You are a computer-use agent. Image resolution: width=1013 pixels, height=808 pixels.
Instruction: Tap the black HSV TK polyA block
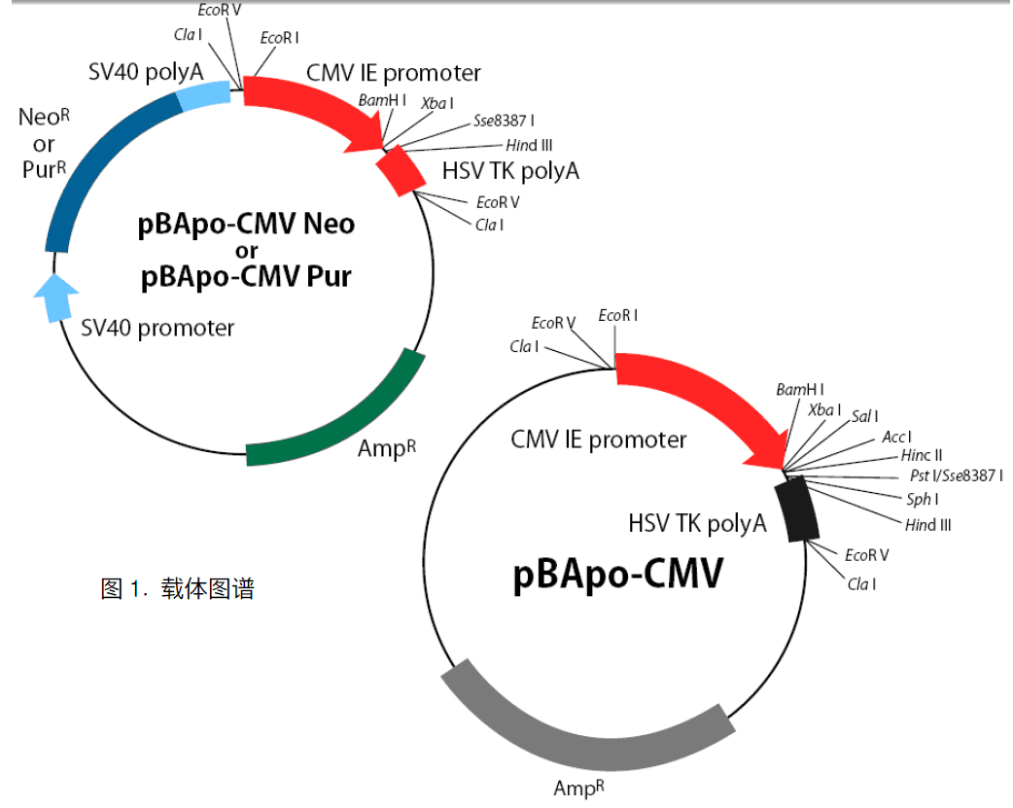[801, 509]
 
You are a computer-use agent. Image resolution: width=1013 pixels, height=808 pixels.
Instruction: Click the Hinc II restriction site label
[921, 455]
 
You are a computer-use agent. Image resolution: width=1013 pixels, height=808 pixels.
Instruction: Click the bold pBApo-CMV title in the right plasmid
[617, 574]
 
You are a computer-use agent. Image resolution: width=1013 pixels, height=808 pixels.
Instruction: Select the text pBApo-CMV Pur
[245, 277]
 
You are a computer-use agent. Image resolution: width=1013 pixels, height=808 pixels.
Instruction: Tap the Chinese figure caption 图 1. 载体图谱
[177, 588]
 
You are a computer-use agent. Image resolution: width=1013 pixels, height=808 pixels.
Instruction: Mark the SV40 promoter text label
[157, 328]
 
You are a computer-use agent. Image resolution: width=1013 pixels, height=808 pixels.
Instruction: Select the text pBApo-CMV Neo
[245, 225]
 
